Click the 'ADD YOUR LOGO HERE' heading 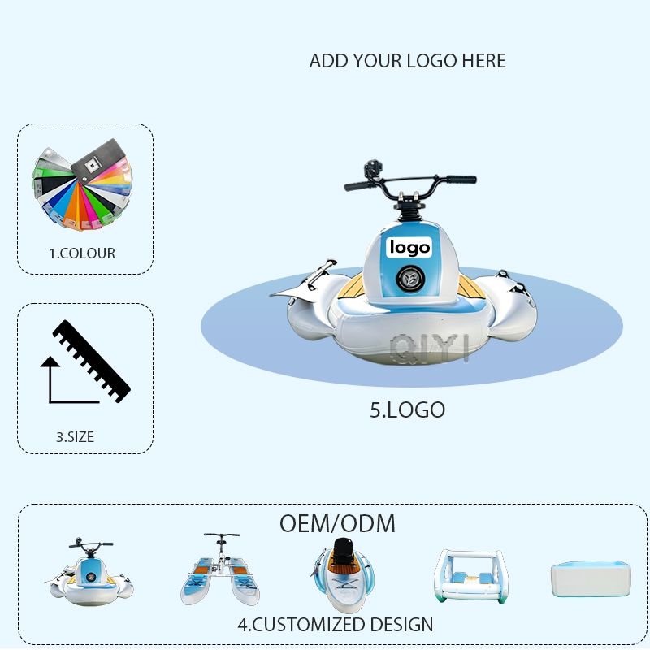[408, 61]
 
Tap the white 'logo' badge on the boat [409, 247]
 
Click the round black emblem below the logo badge [410, 278]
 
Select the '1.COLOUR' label [82, 253]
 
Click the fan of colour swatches [82, 184]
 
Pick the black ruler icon [92, 361]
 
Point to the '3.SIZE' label [75, 437]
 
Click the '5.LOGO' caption [408, 410]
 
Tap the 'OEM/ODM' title [337, 523]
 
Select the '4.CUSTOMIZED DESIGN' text [336, 625]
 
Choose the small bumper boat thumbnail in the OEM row [89, 572]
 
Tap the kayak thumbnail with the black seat [342, 575]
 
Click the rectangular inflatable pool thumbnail [591, 579]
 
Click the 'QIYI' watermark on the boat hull [430, 349]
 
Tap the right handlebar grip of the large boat [461, 179]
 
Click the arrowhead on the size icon [50, 362]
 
